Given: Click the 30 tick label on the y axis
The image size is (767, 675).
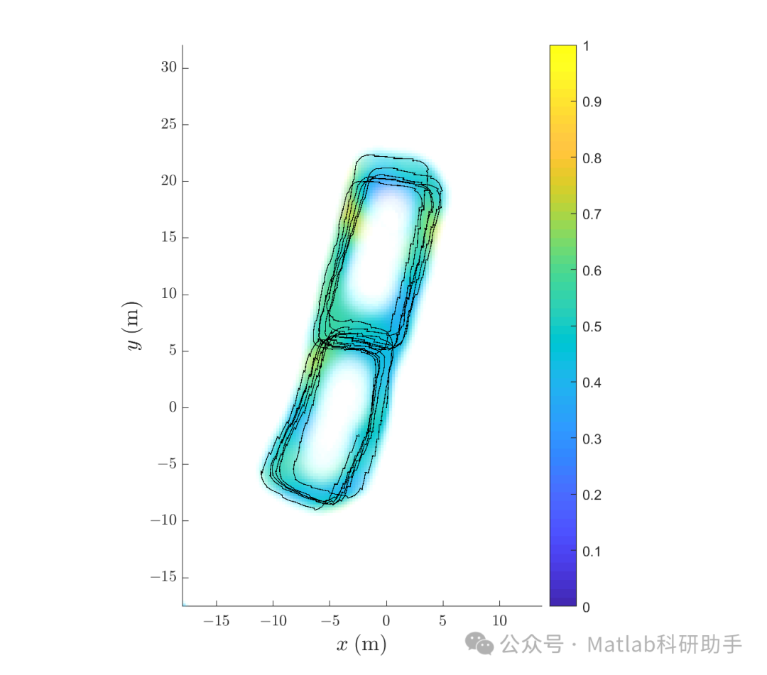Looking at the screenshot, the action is (x=169, y=67).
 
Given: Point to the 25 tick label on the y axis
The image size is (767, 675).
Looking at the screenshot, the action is (x=169, y=124).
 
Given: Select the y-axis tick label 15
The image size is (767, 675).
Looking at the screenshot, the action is (x=169, y=237).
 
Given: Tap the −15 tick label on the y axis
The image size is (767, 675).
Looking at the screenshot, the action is (x=163, y=577).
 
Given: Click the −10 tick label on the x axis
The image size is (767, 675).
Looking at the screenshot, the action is (x=273, y=621).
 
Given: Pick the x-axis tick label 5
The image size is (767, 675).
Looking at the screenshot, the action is (x=442, y=621).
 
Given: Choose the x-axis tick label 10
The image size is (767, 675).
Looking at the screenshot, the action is (x=499, y=621).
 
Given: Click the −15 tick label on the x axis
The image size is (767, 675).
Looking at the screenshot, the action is (x=216, y=621).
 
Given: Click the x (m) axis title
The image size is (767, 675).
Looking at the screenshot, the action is (x=361, y=644).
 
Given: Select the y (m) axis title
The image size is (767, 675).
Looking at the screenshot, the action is (x=133, y=326).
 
